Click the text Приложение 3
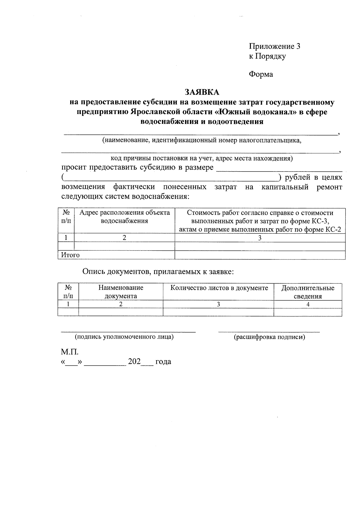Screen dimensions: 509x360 (274, 46)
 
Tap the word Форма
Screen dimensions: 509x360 (261, 74)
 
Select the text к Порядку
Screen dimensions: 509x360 (267, 56)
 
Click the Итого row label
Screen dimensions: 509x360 (70, 255)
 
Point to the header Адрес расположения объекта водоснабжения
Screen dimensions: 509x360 (124, 217)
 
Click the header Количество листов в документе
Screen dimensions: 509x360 (219, 288)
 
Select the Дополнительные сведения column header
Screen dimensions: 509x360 (308, 292)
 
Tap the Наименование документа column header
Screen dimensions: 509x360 (121, 292)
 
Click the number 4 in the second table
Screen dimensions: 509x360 (308, 304)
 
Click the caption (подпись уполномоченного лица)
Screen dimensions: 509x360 (124, 337)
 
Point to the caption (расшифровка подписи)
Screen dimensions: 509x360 (269, 337)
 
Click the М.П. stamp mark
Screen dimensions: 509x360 (70, 351)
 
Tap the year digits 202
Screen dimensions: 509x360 (134, 361)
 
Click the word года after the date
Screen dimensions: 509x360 (163, 362)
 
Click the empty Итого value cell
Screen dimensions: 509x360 (260, 255)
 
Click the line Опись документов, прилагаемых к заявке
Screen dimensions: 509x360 (158, 272)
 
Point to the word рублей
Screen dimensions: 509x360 (298, 177)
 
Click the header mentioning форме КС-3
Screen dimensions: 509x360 (260, 221)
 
